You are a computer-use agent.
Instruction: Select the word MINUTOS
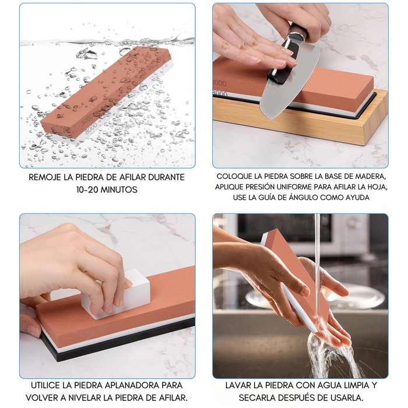pos(119,189)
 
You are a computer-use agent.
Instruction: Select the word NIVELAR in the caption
pos(83,398)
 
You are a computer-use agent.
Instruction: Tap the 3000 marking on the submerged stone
pos(87,120)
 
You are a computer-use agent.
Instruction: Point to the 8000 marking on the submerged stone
pos(92,128)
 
